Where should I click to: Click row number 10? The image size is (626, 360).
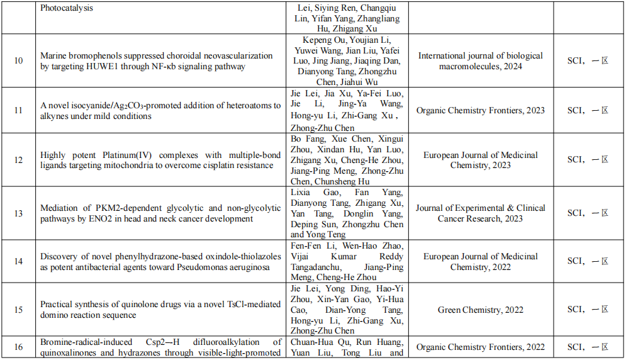(x=19, y=60)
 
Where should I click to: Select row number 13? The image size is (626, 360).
(x=19, y=213)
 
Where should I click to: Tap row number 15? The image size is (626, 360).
(x=19, y=310)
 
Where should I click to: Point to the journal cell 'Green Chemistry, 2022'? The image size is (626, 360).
(x=481, y=310)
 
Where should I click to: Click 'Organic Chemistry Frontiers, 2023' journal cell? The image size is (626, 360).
(x=481, y=110)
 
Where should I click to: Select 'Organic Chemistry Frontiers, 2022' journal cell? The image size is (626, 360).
(x=481, y=347)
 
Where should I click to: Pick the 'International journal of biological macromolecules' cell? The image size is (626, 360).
(x=481, y=61)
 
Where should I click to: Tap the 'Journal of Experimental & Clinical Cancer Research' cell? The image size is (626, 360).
(x=481, y=213)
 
